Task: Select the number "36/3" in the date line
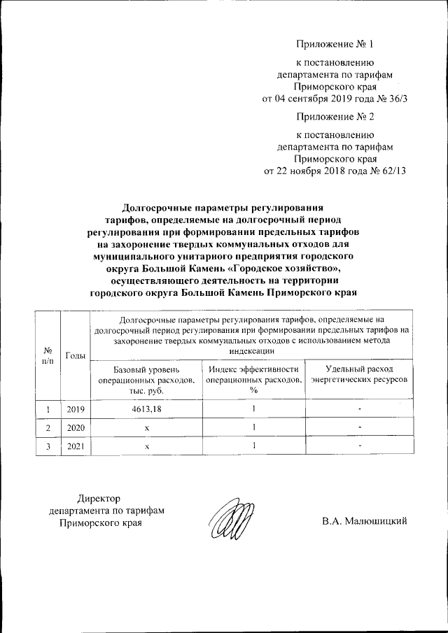coord(395,99)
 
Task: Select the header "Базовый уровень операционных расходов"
coord(146,378)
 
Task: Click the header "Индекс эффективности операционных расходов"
coord(253,378)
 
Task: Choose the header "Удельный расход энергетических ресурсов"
coord(359,374)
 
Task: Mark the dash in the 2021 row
coord(359,446)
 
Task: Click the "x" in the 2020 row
coord(146,427)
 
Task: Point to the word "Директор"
coord(99,499)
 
